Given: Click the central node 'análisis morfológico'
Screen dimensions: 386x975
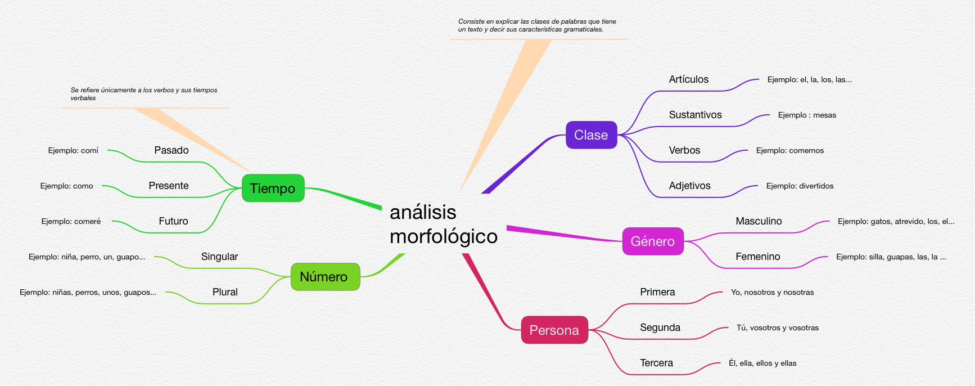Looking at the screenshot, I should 443,224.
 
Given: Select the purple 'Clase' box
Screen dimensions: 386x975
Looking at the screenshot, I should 591,135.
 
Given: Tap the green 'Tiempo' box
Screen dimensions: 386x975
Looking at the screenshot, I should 273,188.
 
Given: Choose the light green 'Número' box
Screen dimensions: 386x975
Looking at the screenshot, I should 324,277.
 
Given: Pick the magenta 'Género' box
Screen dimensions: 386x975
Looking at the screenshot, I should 652,241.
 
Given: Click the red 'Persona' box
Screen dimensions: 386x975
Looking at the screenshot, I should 554,330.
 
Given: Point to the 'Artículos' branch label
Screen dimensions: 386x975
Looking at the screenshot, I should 688,79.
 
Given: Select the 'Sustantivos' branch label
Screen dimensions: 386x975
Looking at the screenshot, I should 695,115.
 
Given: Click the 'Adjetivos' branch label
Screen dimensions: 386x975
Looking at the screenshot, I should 689,186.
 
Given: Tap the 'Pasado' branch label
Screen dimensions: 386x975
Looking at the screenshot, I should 171,150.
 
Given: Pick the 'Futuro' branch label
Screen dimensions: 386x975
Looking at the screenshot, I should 173,221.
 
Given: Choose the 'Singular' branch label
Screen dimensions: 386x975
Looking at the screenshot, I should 219,257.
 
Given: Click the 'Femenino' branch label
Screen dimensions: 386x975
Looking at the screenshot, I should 757,257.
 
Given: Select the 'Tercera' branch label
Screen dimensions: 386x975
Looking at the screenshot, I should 656,363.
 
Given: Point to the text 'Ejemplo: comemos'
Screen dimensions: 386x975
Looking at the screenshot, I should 789,150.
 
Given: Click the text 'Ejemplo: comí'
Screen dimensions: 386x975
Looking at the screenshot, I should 73,150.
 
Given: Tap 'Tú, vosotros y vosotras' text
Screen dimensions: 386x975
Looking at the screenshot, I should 777,327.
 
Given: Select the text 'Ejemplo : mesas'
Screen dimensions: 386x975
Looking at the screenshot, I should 806,115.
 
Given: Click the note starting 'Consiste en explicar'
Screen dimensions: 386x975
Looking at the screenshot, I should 536,25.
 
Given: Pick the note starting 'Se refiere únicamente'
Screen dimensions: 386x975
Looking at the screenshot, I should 143,94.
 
